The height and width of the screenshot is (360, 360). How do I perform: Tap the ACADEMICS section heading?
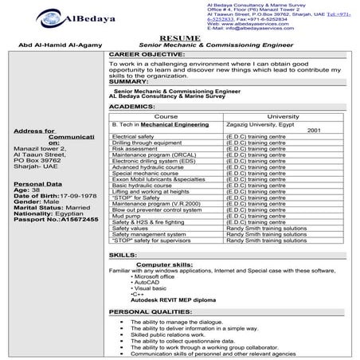coord(133,105)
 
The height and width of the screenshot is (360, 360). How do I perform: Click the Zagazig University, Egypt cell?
coord(260,125)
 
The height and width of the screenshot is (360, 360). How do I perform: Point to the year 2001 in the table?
coord(313,131)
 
